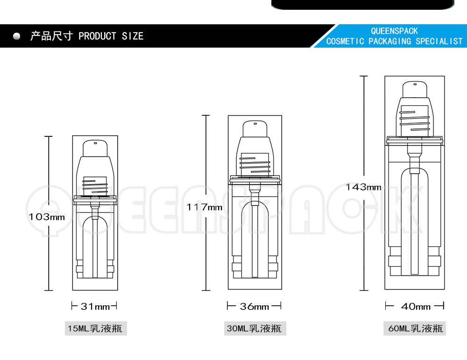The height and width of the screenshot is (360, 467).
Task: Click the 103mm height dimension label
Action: (x=47, y=217)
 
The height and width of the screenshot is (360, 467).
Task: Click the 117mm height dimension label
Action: (x=205, y=207)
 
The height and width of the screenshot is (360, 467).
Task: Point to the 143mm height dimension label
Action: (x=363, y=187)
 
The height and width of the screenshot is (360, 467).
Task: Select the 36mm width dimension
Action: (x=255, y=306)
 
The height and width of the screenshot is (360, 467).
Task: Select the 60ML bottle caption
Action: (x=415, y=328)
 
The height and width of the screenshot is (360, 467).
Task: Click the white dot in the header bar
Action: (x=17, y=36)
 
